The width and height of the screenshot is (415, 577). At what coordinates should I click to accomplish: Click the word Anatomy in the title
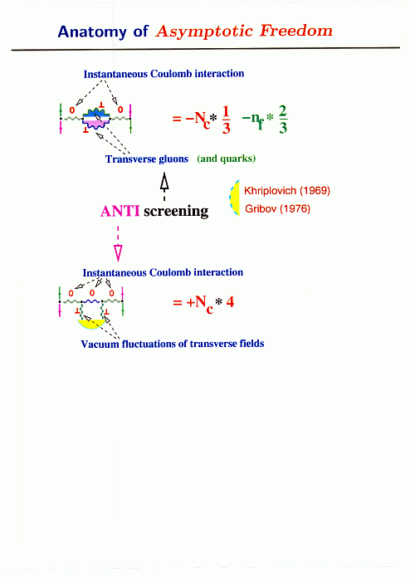tap(92, 32)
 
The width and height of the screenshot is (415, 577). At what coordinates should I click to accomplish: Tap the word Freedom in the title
tap(296, 31)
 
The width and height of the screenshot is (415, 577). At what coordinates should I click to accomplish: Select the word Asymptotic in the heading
tap(204, 32)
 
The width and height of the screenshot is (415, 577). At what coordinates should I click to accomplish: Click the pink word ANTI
tap(120, 211)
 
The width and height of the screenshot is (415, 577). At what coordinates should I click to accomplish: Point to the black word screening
tap(176, 212)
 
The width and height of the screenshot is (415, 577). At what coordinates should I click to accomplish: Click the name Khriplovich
tap(270, 191)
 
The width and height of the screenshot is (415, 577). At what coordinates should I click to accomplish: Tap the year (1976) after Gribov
tap(295, 208)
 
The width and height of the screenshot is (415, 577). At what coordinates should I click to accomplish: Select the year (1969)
tap(315, 191)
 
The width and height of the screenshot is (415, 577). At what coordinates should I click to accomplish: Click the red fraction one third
tap(226, 120)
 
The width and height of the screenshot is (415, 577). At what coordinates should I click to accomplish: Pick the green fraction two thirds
tap(282, 119)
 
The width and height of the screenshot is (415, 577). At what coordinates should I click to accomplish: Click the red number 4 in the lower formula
tap(230, 302)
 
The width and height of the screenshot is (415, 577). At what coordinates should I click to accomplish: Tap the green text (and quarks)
tap(227, 159)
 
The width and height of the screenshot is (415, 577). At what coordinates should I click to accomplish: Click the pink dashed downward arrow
tap(118, 244)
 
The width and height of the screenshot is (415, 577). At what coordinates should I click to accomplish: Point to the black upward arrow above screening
tap(164, 186)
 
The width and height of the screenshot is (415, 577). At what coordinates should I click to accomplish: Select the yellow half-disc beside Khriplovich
tap(236, 198)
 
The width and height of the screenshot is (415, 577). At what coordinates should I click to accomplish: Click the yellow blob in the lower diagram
tap(91, 324)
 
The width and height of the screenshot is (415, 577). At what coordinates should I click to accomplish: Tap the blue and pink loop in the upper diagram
tap(96, 119)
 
